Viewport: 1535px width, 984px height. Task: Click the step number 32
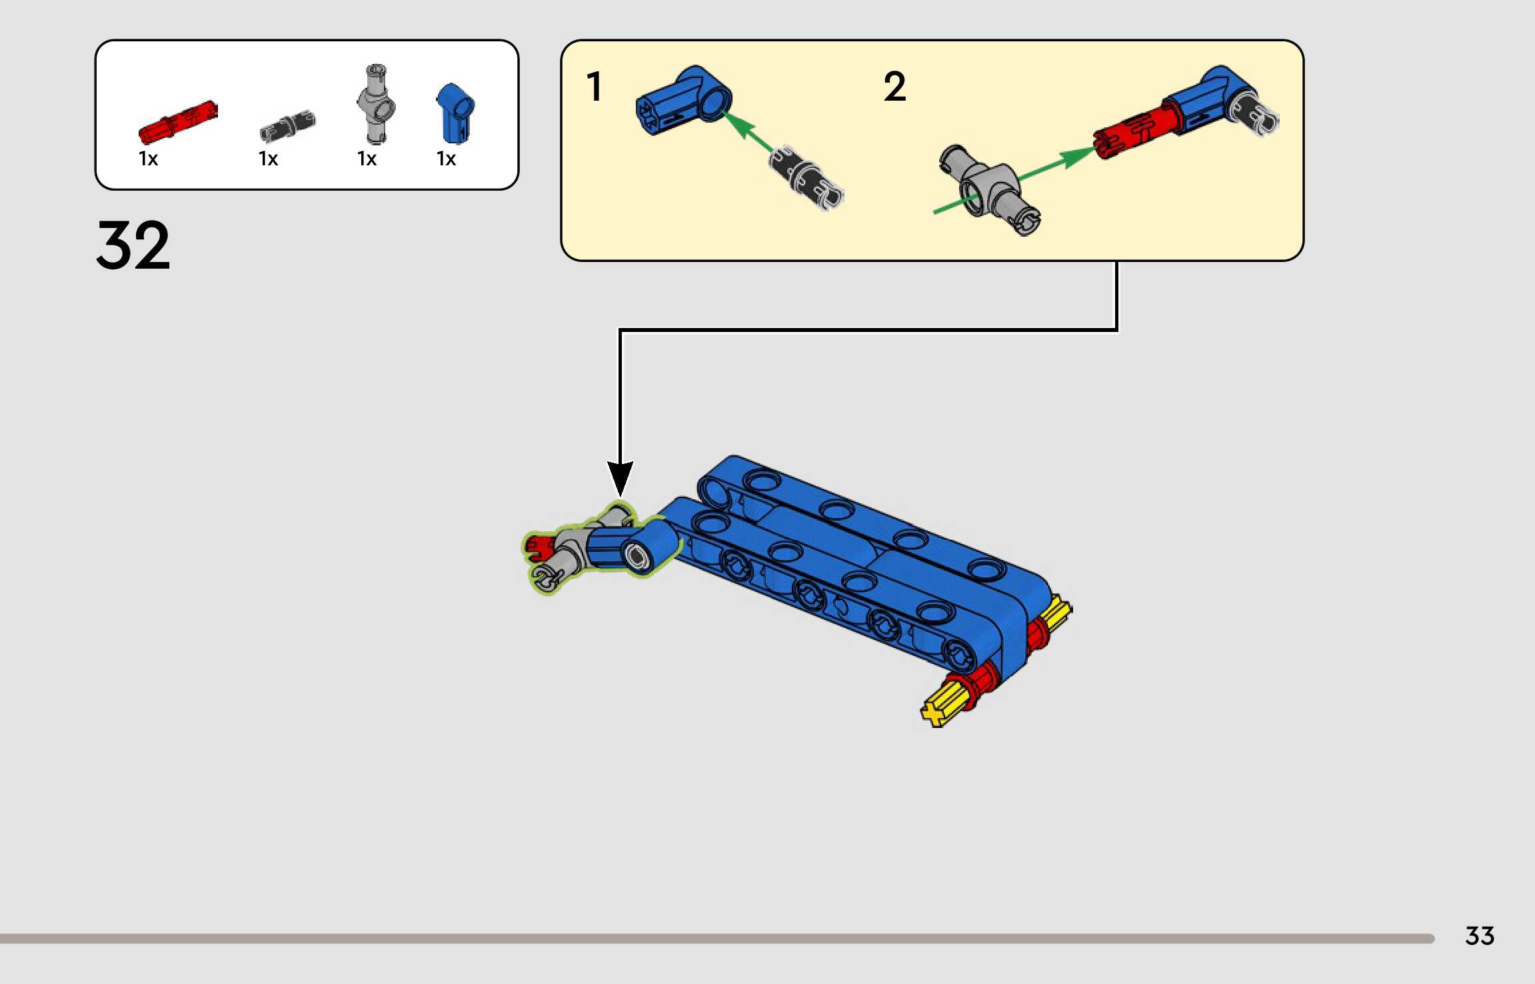tap(133, 245)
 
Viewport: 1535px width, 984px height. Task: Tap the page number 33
tap(1479, 936)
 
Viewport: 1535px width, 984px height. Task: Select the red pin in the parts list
tap(177, 121)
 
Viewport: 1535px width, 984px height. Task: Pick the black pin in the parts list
tap(287, 126)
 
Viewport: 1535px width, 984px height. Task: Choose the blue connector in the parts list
tap(455, 113)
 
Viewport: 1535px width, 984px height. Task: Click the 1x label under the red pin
tap(148, 159)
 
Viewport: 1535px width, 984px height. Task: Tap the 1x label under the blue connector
tap(446, 159)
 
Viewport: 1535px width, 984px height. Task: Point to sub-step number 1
tap(594, 87)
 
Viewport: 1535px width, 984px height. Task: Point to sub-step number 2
tap(894, 87)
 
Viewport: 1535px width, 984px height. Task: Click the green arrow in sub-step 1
tap(748, 131)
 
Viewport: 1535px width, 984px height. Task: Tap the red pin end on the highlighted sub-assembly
tap(537, 548)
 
